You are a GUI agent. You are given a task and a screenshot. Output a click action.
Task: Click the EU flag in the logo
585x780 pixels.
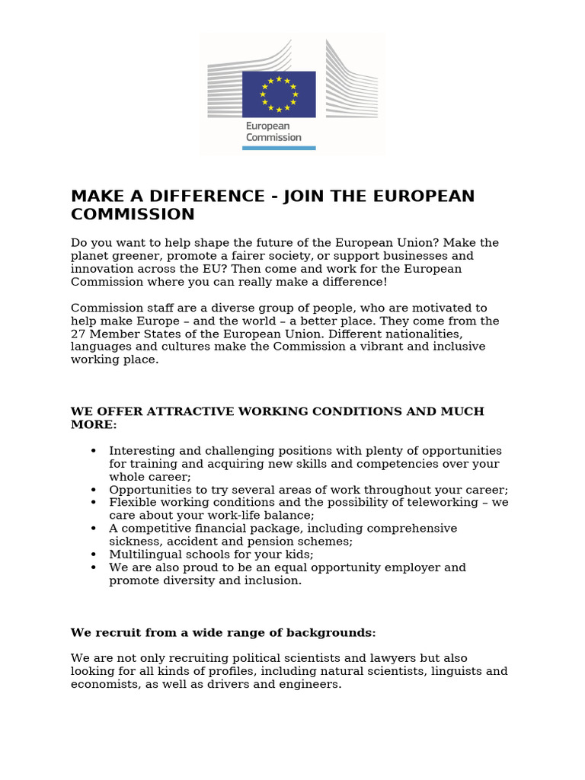tap(279, 94)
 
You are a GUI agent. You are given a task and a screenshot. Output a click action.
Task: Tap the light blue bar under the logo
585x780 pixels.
tap(279, 148)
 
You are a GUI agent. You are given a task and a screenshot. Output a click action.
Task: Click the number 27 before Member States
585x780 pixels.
tap(78, 334)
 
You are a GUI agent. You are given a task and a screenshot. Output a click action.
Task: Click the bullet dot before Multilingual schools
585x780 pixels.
tap(93, 555)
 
